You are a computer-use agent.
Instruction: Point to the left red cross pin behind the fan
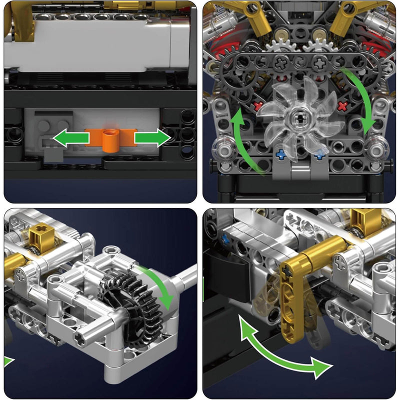tap(258, 106)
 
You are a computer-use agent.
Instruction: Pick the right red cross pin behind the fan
tap(342, 106)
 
